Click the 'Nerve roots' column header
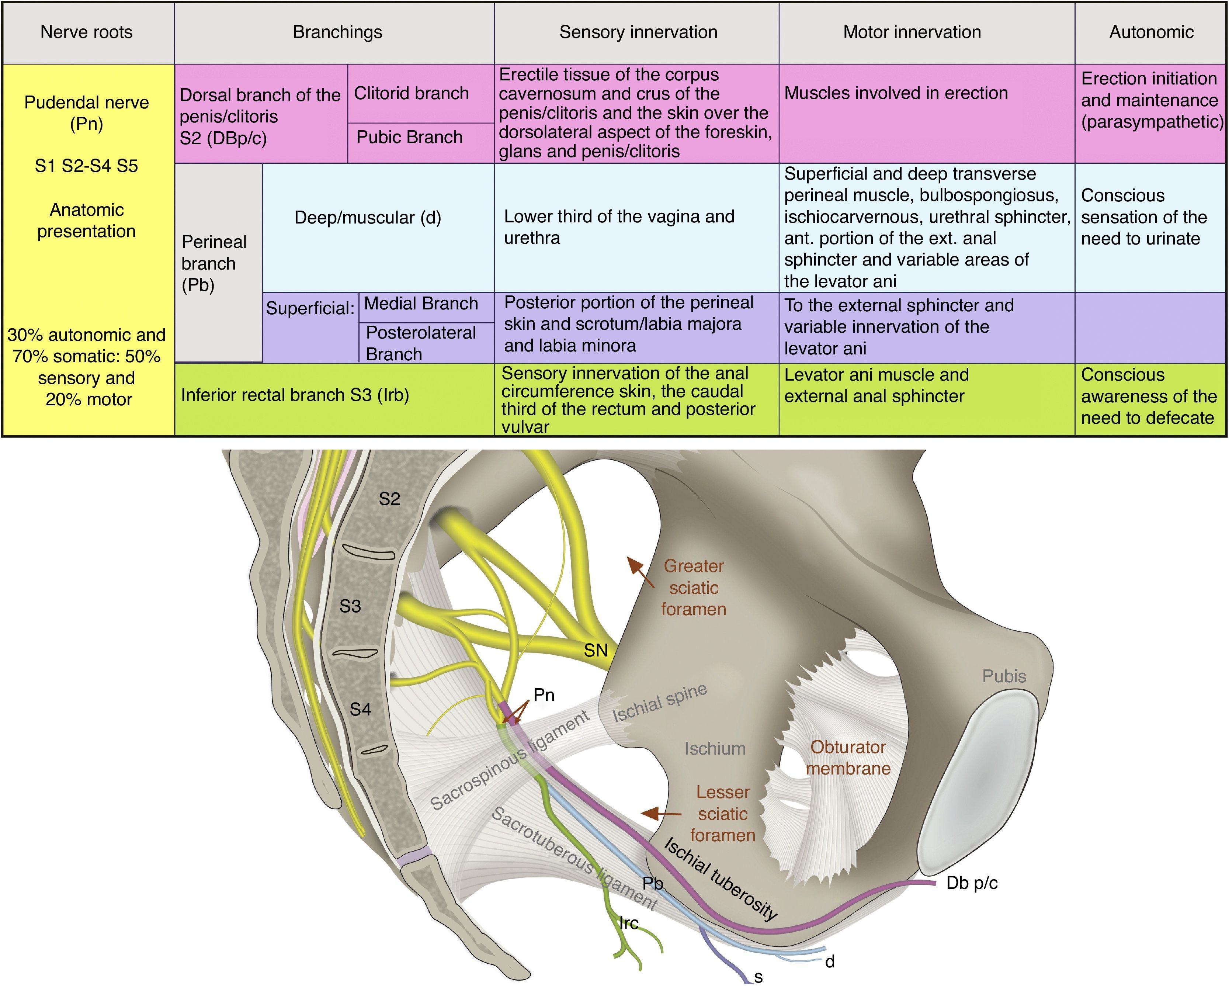(x=86, y=32)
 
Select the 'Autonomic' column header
(x=1151, y=32)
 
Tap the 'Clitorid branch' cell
(x=411, y=93)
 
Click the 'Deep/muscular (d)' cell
(x=368, y=218)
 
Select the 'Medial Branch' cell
(x=421, y=304)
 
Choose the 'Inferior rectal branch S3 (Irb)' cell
(x=295, y=395)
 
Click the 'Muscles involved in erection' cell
(x=896, y=93)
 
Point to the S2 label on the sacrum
(x=389, y=499)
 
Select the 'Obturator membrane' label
(x=848, y=758)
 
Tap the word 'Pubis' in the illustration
(x=1004, y=676)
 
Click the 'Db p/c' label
(x=972, y=883)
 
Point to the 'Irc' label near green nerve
(x=628, y=923)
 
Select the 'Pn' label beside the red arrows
(x=544, y=695)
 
